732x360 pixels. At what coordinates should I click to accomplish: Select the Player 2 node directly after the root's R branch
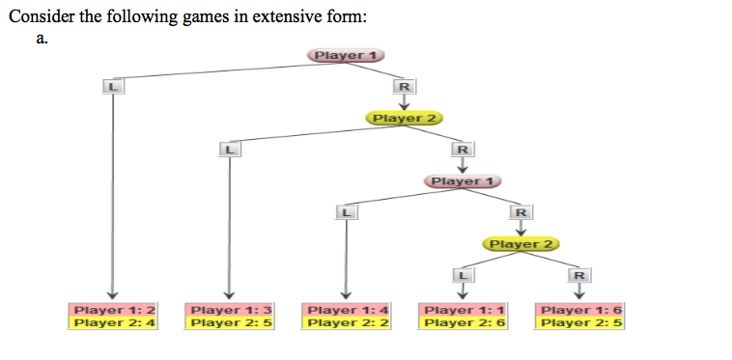coord(405,118)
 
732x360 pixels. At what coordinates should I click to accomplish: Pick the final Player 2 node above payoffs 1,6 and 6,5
coord(521,243)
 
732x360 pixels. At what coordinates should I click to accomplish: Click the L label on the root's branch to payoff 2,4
coord(113,87)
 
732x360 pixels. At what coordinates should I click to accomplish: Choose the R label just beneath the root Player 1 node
coord(405,87)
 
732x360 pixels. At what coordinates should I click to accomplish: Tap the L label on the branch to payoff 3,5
coord(229,150)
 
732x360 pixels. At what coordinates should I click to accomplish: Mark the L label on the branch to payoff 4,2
coord(345,212)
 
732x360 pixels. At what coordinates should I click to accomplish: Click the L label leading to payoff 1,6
coord(463,275)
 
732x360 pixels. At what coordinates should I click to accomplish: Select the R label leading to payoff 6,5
coord(578,275)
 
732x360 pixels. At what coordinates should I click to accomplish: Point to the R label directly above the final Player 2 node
coord(521,212)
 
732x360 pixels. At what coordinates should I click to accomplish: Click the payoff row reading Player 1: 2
coord(114,310)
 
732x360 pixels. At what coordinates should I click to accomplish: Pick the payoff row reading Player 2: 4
coord(114,322)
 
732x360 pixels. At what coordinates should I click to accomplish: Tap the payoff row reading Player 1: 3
coord(230,310)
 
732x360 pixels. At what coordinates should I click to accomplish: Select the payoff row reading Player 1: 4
coord(346,310)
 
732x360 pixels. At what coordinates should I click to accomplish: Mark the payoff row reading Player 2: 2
coord(346,322)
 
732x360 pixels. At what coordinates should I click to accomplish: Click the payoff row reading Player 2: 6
coord(464,322)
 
